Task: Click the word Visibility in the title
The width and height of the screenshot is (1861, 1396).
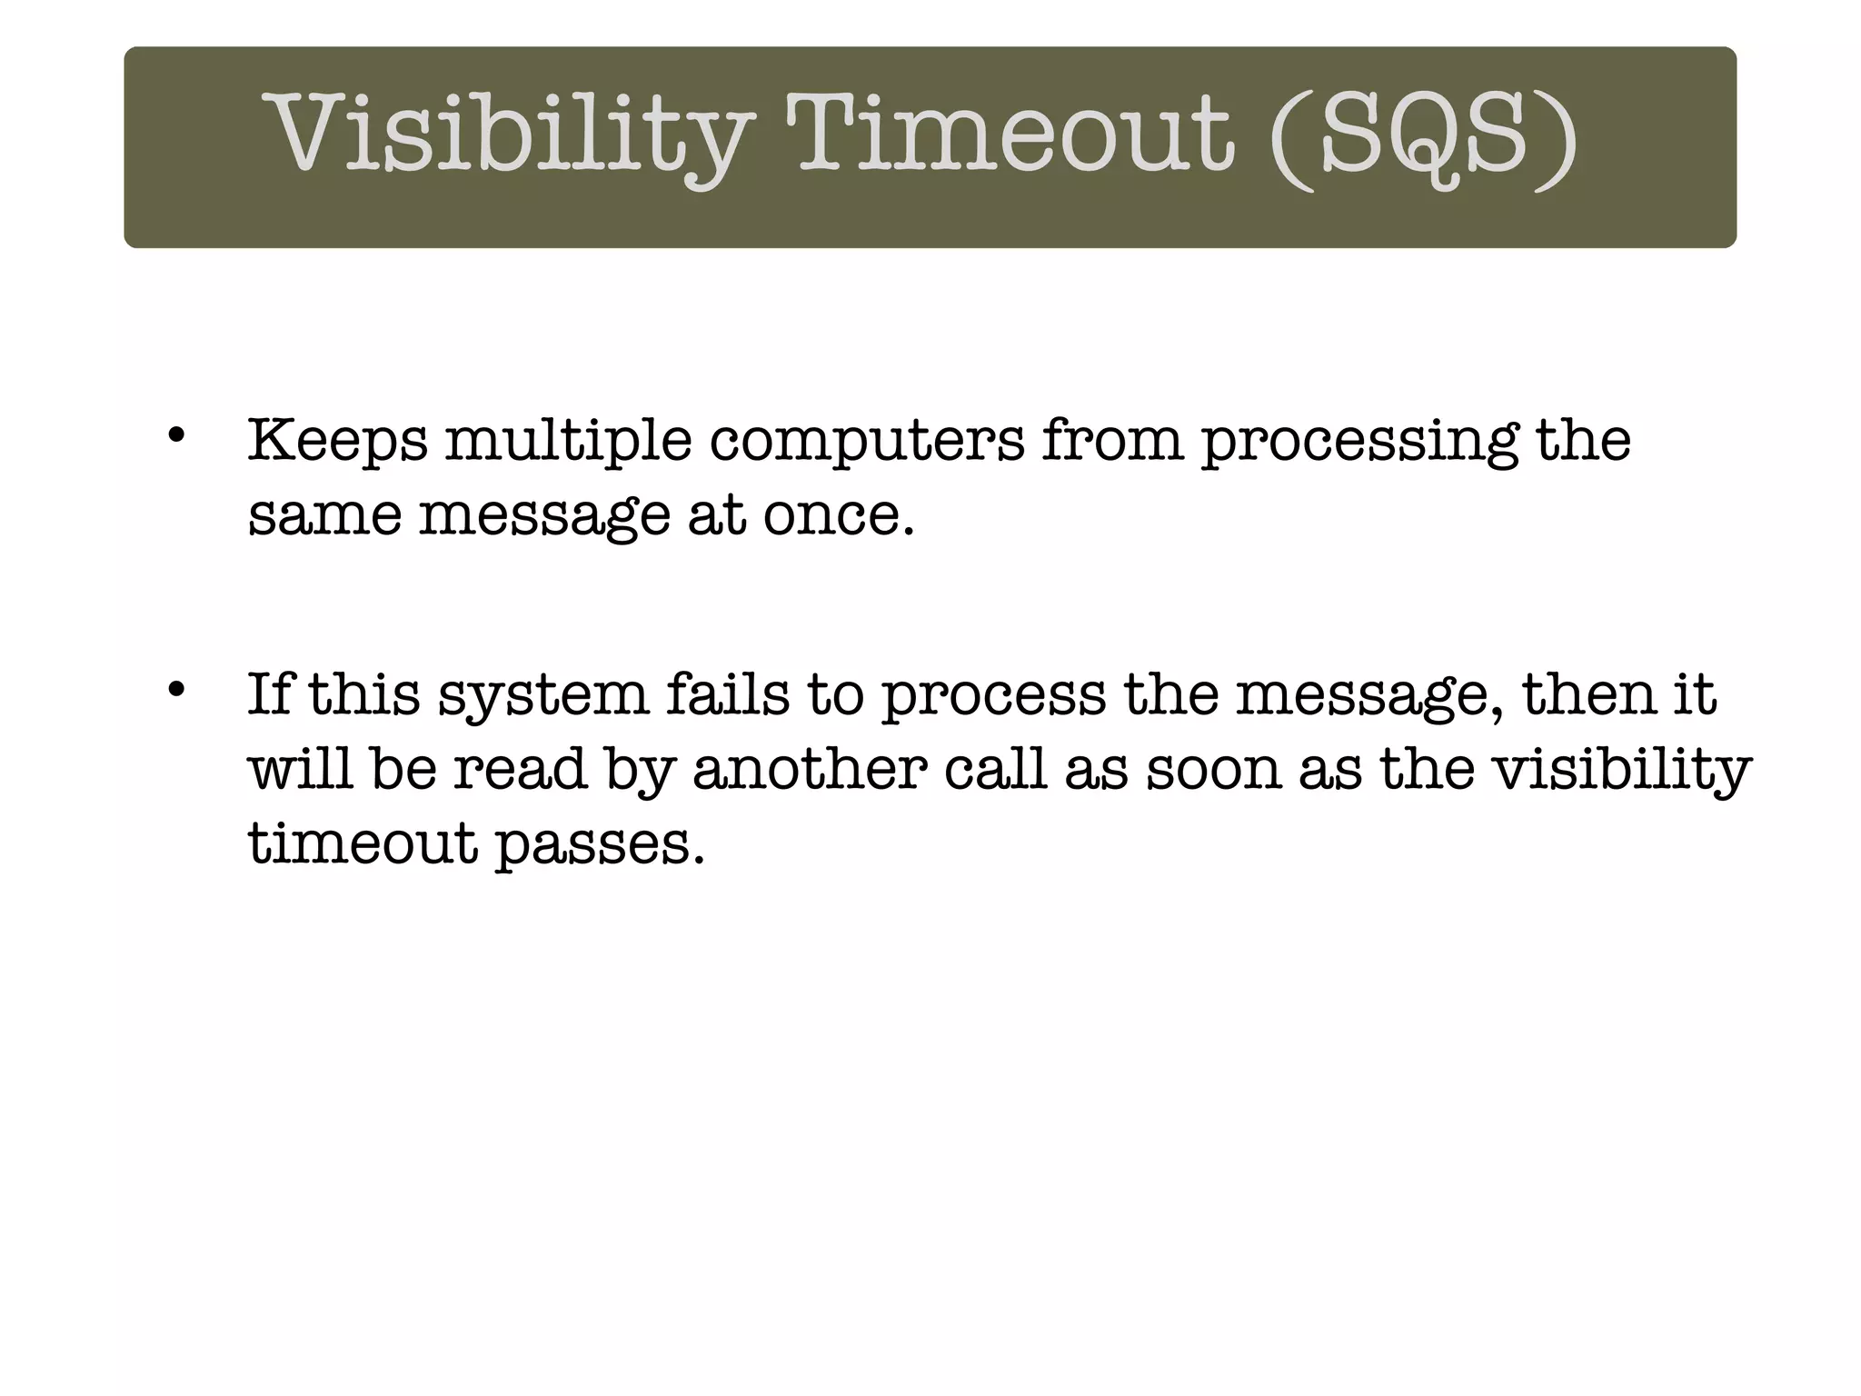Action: point(508,136)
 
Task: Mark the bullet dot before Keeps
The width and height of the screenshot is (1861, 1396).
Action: point(176,435)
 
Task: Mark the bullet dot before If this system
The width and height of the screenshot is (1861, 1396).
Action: point(176,689)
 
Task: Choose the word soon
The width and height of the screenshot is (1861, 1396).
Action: point(1212,769)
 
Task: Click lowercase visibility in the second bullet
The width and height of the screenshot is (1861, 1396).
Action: point(1623,771)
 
